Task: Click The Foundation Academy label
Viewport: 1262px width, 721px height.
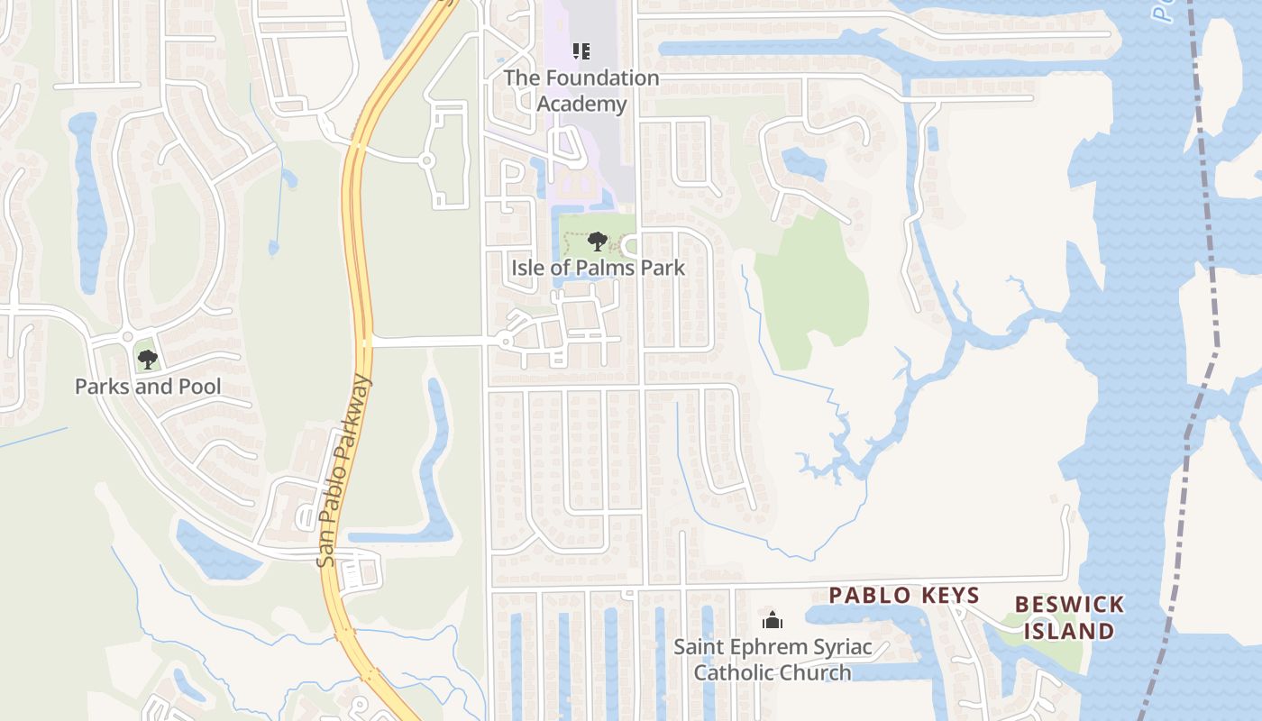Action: click(581, 90)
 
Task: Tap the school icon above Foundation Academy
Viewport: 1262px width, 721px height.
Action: click(581, 51)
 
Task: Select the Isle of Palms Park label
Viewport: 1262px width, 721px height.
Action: click(598, 268)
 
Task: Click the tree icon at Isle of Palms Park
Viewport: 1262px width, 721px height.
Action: click(597, 242)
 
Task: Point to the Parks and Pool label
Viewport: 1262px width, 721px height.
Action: click(148, 387)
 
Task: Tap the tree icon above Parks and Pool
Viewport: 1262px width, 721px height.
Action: click(148, 360)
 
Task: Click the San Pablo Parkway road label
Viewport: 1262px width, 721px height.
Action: click(344, 471)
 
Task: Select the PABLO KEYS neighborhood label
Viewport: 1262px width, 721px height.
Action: click(903, 595)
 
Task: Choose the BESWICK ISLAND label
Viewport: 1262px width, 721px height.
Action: click(1069, 617)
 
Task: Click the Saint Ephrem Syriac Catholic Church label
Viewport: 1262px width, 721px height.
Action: click(773, 660)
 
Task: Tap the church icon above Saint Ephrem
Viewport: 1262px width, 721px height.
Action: click(772, 620)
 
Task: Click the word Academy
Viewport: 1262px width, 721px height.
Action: click(581, 104)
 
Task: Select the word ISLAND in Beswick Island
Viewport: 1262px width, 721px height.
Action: click(1069, 631)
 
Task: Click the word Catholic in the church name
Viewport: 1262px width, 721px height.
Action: click(732, 672)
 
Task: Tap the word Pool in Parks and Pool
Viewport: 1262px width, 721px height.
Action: click(199, 387)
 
